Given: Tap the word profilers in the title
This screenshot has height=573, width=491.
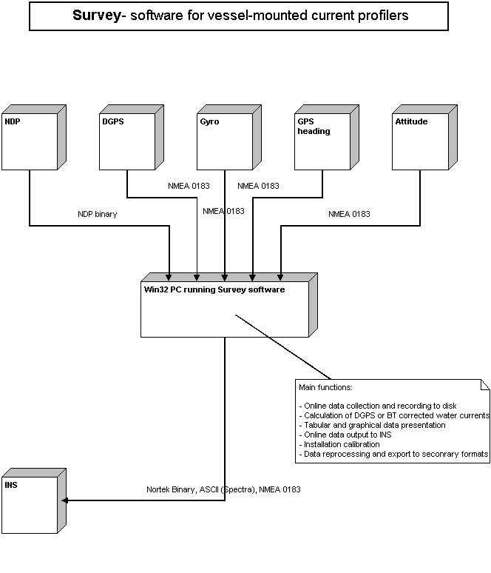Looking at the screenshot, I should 379,15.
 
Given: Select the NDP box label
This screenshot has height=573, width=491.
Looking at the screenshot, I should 13,121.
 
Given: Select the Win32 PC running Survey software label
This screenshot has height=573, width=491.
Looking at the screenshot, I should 214,289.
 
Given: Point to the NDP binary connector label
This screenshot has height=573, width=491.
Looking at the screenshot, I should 98,214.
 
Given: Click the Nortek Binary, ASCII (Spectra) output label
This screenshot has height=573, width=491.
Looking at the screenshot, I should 223,489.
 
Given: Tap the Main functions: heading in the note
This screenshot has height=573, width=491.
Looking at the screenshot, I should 325,387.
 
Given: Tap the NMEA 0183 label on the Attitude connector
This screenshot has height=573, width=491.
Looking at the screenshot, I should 349,214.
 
